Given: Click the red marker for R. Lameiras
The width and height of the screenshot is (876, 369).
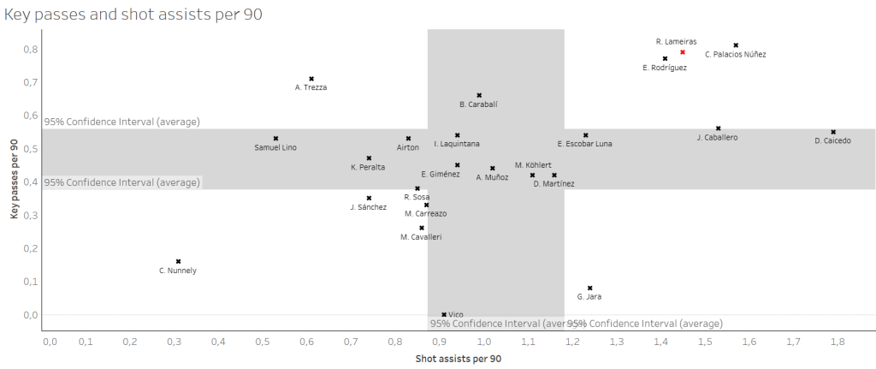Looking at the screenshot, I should (x=683, y=52).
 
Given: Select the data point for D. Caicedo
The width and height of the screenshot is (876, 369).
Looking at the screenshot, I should (x=833, y=132).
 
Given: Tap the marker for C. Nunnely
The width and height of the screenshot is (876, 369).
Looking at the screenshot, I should (x=178, y=261).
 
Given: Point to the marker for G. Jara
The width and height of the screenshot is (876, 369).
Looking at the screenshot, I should (x=590, y=288).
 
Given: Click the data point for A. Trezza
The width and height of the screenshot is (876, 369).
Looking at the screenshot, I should (x=311, y=79).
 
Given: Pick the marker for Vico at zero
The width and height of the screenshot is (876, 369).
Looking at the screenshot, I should (x=444, y=314).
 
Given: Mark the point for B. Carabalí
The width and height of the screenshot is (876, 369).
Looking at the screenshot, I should (x=479, y=95).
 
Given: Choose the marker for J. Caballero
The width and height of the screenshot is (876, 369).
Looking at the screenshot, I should (x=719, y=128).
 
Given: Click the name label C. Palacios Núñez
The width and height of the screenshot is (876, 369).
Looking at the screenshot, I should (x=735, y=55).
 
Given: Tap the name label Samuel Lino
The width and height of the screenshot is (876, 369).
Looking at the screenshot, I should (x=275, y=147).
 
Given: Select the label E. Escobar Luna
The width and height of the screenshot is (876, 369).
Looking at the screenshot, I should (x=584, y=144).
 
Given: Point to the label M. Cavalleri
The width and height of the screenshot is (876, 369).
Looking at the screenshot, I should (x=421, y=236).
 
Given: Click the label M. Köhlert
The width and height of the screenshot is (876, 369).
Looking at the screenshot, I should (x=533, y=164).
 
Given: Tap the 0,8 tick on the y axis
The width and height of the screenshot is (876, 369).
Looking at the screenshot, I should (x=30, y=50).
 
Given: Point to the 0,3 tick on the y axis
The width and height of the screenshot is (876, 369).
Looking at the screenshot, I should (x=30, y=215).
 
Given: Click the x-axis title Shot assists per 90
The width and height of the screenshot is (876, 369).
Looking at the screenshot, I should (x=458, y=358).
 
